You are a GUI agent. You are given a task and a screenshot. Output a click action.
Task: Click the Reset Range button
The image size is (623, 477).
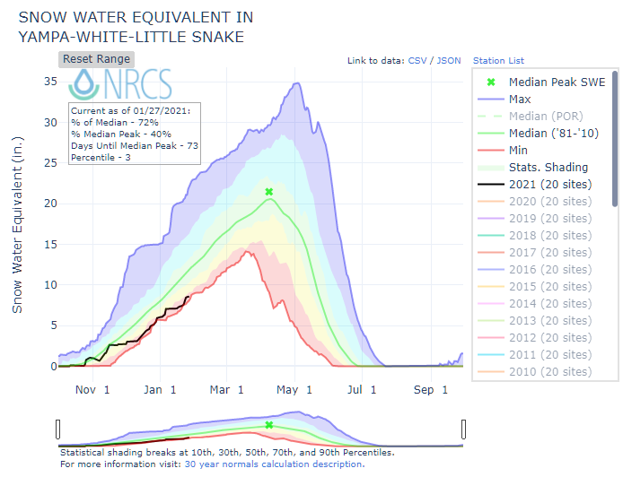(96, 59)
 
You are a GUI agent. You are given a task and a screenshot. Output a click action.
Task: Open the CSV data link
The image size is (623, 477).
(417, 61)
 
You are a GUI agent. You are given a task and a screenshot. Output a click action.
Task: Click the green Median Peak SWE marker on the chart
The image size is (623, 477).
(269, 192)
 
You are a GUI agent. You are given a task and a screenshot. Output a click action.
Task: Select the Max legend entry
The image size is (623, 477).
(519, 99)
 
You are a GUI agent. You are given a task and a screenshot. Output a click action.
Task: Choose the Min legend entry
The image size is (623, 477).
(518, 150)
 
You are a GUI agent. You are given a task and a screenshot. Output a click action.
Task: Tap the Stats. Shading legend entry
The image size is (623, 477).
(548, 167)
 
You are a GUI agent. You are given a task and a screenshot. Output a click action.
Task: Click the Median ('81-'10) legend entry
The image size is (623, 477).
(550, 133)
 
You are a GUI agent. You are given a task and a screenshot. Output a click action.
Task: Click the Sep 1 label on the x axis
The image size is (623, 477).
(431, 390)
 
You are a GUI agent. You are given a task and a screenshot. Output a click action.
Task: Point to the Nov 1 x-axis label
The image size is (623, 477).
(92, 390)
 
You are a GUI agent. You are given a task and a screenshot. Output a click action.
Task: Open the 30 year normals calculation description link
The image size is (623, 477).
(275, 464)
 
